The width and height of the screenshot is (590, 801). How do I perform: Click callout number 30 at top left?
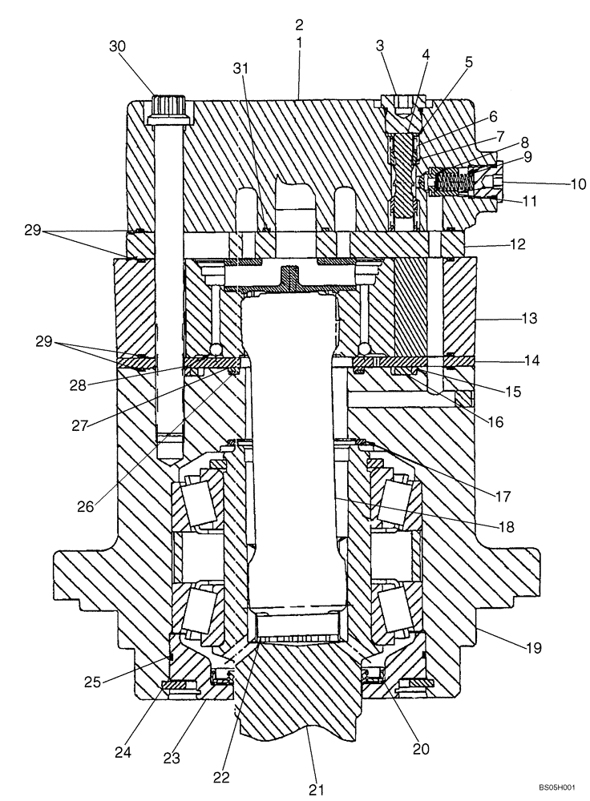coord(118,46)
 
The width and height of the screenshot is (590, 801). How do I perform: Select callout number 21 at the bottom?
coord(317,789)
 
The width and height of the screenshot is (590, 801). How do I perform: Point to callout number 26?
coord(108,506)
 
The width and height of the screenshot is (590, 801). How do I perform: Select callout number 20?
coord(421,749)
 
